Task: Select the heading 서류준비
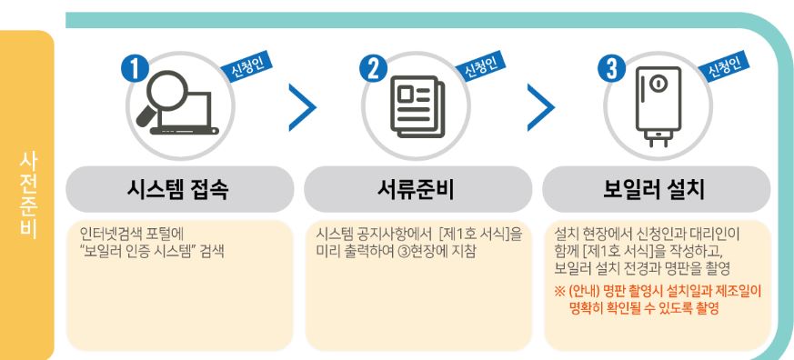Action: tap(418, 191)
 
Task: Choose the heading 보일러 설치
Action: tap(658, 191)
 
